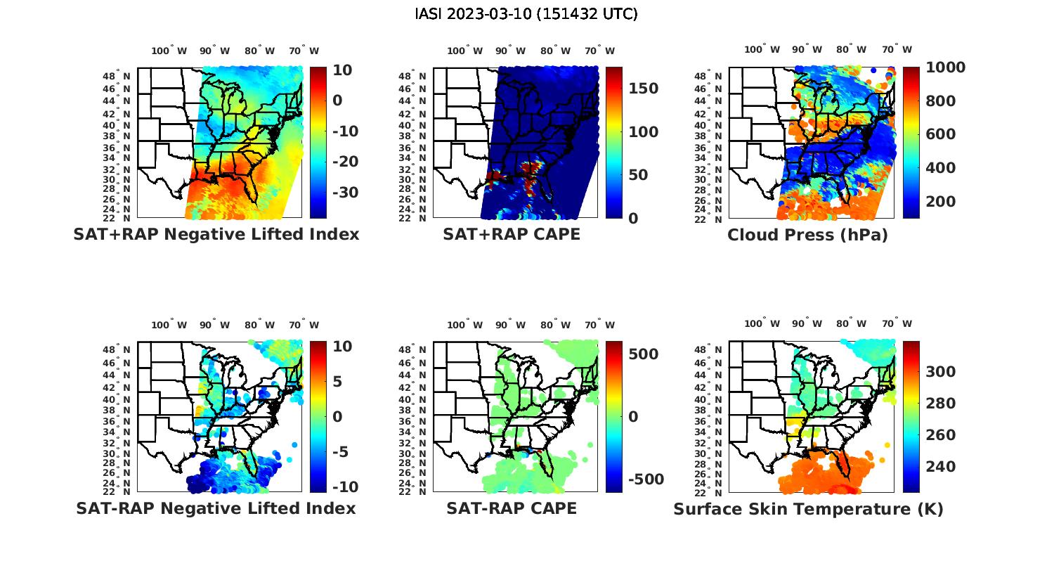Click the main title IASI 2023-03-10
526,14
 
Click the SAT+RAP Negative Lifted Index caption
216,234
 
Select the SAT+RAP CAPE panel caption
512,234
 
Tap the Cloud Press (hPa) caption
807,235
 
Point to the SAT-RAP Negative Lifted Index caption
216,508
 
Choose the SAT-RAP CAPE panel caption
512,508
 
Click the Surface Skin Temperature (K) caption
808,509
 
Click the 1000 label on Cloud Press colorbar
945,67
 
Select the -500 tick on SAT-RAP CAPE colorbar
645,479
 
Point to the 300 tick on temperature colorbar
940,372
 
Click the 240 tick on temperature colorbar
940,467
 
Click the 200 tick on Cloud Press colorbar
940,202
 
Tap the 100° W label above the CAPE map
464,51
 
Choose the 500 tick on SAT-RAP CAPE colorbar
643,354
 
